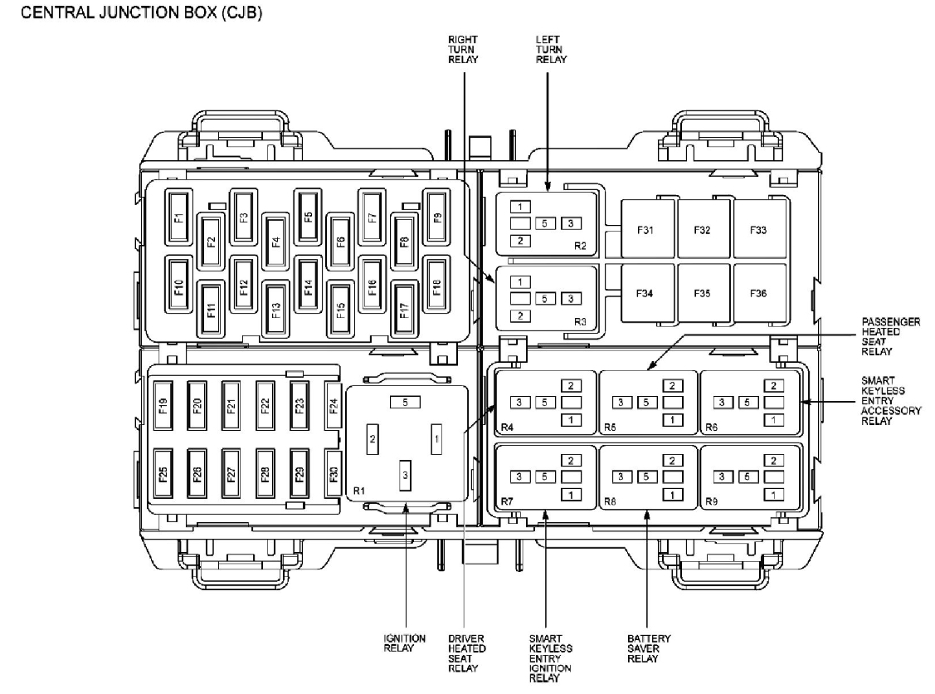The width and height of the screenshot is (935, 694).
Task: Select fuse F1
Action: pos(178,217)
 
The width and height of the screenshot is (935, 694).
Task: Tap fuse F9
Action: pos(436,217)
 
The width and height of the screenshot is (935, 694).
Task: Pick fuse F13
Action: pos(275,310)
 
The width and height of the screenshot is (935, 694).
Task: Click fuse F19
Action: pos(163,405)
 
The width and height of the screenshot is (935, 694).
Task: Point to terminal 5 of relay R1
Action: pos(406,403)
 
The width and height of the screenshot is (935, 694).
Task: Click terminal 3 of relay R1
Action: pos(406,475)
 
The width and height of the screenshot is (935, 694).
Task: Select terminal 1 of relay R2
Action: pos(520,207)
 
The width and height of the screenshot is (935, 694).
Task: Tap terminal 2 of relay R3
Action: pos(520,315)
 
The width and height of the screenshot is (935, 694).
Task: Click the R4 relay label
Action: pos(507,427)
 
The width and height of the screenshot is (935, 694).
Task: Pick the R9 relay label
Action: pos(711,501)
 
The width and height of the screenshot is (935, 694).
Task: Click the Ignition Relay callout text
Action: pos(404,643)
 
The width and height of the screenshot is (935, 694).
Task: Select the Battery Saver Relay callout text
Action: pos(648,648)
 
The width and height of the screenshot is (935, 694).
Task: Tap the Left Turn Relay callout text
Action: pos(548,49)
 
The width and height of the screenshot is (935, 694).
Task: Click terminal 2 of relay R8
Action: pos(673,460)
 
